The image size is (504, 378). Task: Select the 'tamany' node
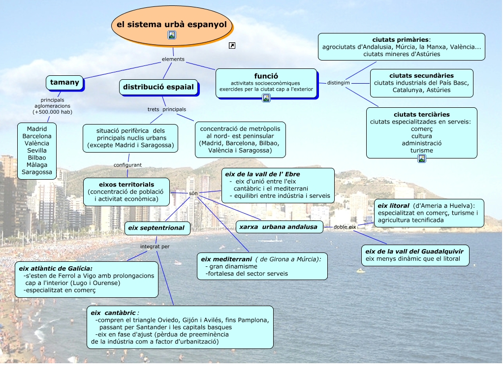(64, 83)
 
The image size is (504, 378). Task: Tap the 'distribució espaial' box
(158, 87)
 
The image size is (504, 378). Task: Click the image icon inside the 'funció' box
(266, 98)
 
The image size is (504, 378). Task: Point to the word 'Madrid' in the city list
(37, 129)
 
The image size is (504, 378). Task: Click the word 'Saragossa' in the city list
(37, 172)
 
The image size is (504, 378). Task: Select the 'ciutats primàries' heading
(401, 39)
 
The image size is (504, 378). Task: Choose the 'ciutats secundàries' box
(421, 83)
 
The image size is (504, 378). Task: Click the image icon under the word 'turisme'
(422, 158)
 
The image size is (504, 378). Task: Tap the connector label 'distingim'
(339, 83)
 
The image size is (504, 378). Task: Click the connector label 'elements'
(173, 59)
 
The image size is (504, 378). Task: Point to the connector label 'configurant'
(127, 165)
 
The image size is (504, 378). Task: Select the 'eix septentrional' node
(157, 228)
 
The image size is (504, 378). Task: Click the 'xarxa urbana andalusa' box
(280, 227)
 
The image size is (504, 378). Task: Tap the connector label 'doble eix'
(345, 227)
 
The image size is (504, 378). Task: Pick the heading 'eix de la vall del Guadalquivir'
(414, 251)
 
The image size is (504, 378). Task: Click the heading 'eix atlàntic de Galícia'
(56, 269)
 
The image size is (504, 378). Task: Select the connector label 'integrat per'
(155, 247)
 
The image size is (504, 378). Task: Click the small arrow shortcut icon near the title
(232, 46)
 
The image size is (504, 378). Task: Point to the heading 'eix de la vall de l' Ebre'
(262, 174)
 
